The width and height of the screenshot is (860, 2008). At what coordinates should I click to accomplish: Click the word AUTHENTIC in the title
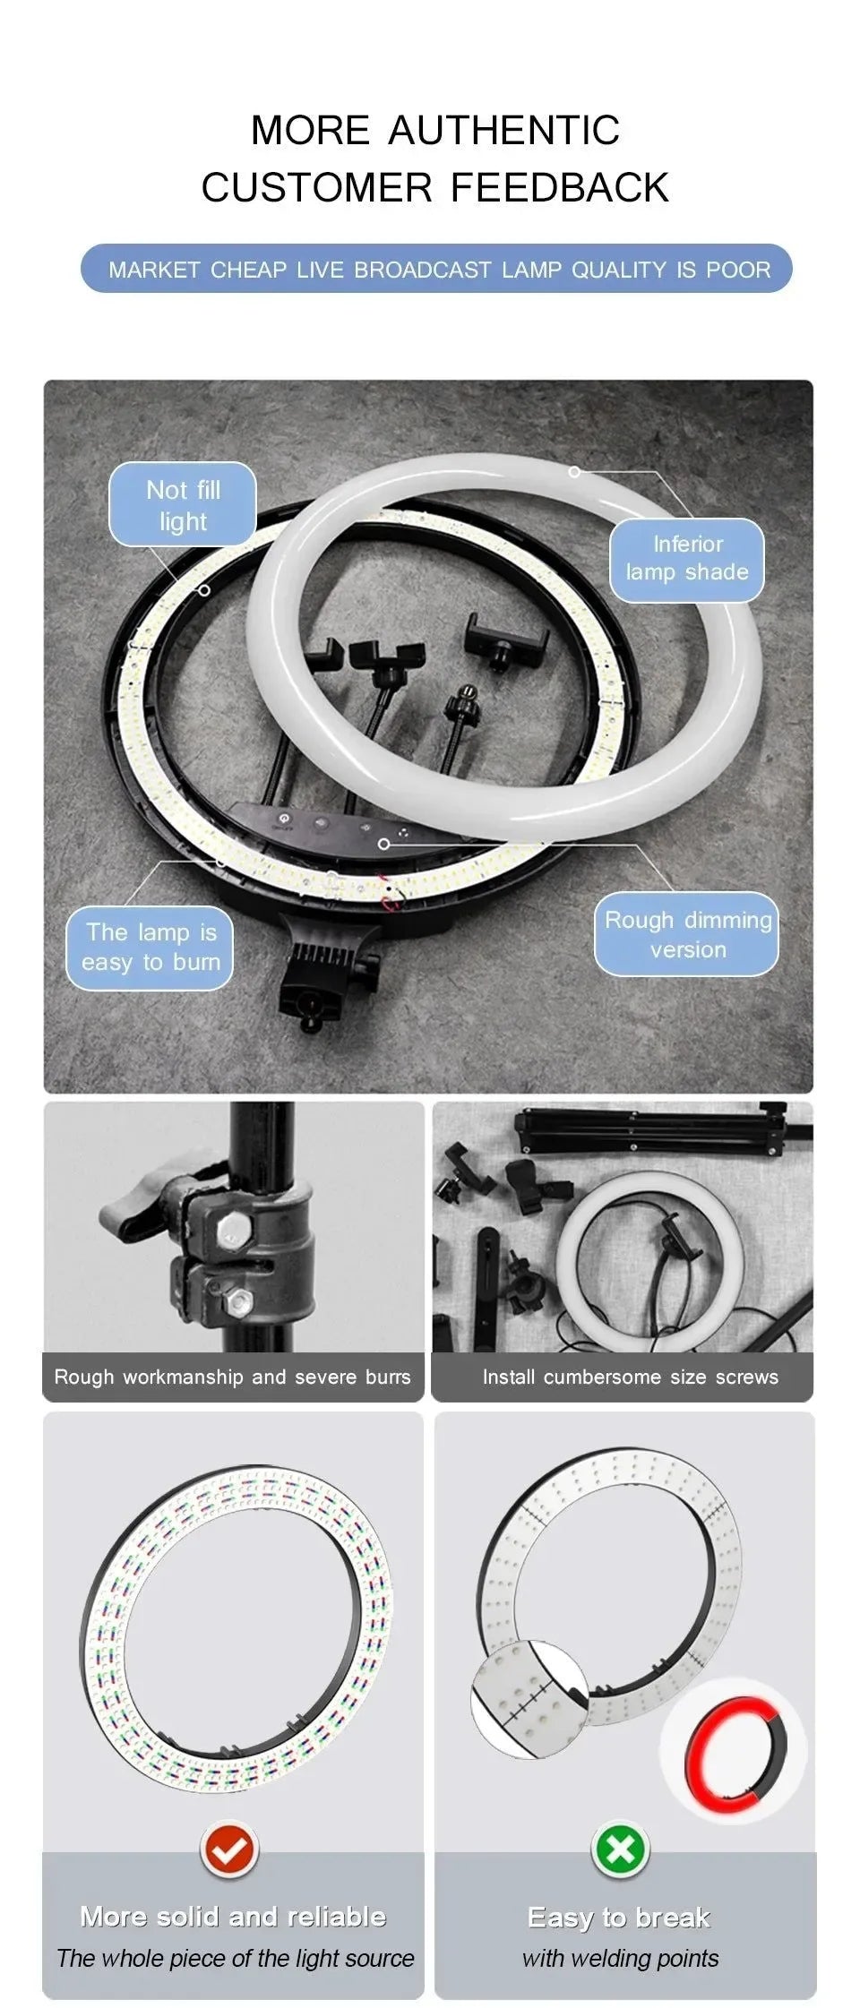(x=503, y=131)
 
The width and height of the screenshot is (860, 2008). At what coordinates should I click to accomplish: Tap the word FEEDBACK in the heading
(x=559, y=188)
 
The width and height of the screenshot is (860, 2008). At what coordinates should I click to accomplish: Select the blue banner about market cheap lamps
(x=437, y=269)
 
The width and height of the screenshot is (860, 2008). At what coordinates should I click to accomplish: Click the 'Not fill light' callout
(x=183, y=505)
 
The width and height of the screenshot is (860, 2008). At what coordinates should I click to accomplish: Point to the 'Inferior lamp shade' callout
(x=687, y=559)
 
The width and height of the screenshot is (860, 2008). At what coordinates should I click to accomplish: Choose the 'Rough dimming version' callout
(x=687, y=934)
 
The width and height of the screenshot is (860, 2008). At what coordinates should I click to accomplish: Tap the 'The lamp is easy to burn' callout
(x=150, y=948)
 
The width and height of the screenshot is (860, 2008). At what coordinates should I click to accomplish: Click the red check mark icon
(x=229, y=1848)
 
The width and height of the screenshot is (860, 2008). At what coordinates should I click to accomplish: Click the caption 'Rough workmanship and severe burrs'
(x=233, y=1377)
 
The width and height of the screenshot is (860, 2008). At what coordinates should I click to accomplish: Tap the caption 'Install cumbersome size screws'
(x=630, y=1377)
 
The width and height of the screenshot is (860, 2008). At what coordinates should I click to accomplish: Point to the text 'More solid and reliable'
(x=233, y=1917)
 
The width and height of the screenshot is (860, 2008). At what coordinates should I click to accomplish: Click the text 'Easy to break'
(x=619, y=1918)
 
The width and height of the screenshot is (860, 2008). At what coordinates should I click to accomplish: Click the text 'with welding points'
(x=620, y=1958)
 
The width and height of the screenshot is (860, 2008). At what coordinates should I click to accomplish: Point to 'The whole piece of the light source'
(x=235, y=1958)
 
